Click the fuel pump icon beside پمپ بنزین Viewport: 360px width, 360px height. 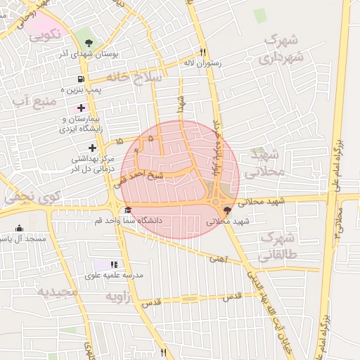click(x=82, y=79)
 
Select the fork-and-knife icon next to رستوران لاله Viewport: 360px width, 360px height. click(x=202, y=51)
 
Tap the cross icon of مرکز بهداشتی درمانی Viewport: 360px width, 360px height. click(x=92, y=148)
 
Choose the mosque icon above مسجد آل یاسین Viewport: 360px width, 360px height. click(x=19, y=229)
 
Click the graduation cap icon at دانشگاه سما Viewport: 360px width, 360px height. click(x=127, y=210)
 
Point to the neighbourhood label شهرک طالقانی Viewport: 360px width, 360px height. click(x=278, y=246)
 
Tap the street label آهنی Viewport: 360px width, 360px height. click(x=218, y=259)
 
